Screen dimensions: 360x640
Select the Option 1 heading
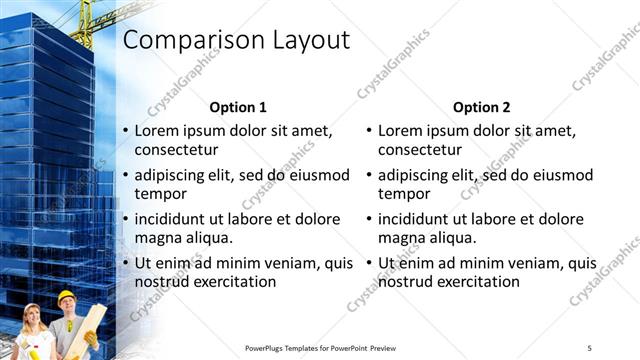(x=238, y=107)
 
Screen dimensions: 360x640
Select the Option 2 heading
(x=481, y=107)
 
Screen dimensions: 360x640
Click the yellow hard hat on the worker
(x=66, y=297)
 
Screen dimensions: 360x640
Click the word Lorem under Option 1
(x=158, y=131)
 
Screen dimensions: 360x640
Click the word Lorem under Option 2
(x=401, y=131)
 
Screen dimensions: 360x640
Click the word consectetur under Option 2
(x=419, y=150)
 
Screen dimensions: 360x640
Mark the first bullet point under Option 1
(x=125, y=131)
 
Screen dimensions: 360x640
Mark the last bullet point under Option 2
(x=368, y=263)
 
